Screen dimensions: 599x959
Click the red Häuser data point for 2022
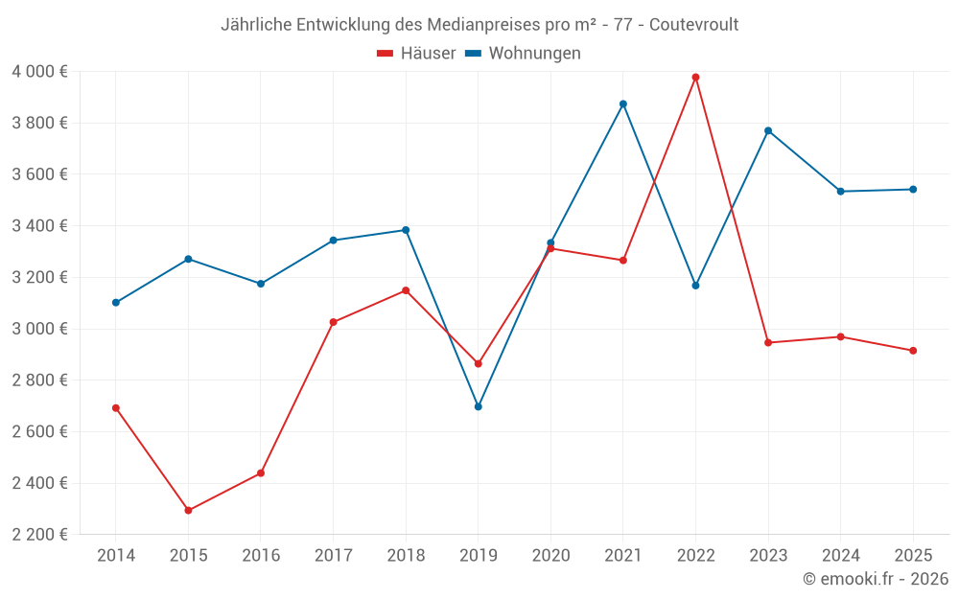(x=695, y=77)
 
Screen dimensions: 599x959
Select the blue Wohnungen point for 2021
(x=623, y=104)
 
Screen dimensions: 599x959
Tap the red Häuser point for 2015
(x=188, y=510)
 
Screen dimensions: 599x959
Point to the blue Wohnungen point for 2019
(x=479, y=406)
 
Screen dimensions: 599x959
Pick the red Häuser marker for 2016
(x=261, y=472)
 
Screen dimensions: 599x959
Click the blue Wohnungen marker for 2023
(x=768, y=130)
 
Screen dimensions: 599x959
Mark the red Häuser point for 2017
(x=333, y=322)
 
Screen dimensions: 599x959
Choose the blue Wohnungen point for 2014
(x=116, y=302)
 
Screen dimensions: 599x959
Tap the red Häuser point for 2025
(x=913, y=351)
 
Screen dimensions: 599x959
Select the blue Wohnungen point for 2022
(x=695, y=286)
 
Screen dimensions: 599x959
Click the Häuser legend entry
(x=416, y=53)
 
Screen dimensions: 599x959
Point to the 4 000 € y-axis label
(x=39, y=71)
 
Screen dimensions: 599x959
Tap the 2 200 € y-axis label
(x=39, y=535)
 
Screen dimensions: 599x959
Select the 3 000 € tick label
(x=39, y=329)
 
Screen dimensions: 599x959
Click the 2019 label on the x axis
(x=479, y=555)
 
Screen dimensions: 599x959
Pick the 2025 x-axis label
(x=913, y=555)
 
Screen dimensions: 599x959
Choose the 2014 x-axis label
(x=116, y=555)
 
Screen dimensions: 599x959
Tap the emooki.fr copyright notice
(x=875, y=579)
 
